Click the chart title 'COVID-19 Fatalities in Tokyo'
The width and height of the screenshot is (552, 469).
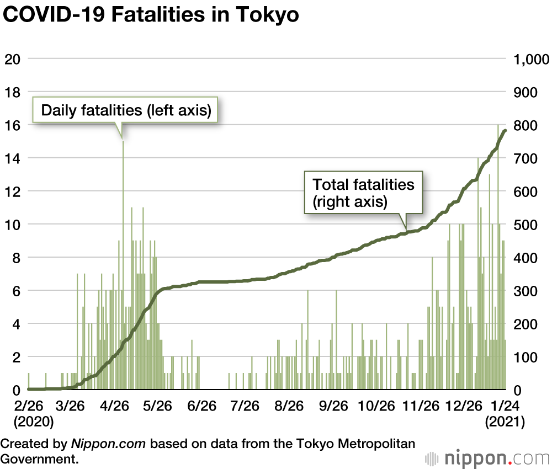click(x=151, y=15)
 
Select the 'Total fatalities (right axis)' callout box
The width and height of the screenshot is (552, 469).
click(x=363, y=193)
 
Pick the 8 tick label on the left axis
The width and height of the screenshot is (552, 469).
click(x=15, y=258)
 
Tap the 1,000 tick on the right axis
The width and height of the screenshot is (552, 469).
click(x=531, y=59)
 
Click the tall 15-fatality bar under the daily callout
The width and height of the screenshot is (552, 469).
click(x=123, y=265)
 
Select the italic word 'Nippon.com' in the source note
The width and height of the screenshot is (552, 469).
click(x=108, y=443)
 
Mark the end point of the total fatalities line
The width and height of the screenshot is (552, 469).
click(x=505, y=130)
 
